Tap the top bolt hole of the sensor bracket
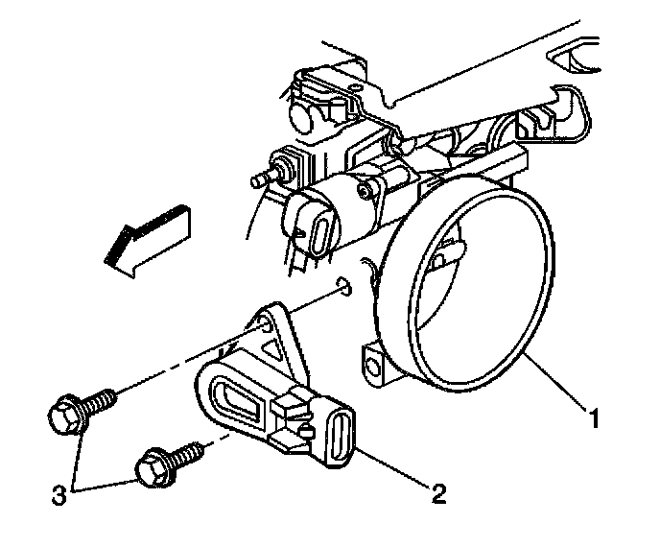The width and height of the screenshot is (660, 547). [x=267, y=313]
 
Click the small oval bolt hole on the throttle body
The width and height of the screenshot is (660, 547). [x=345, y=286]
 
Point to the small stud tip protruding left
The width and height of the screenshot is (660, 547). [x=256, y=178]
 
